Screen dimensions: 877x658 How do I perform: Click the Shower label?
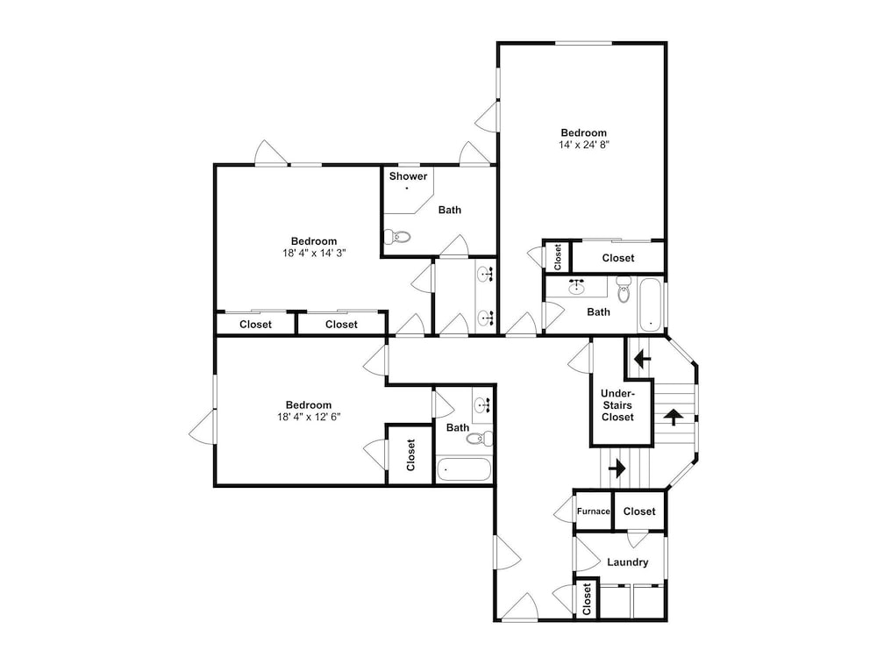click(x=409, y=176)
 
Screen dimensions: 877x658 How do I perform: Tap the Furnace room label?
click(x=594, y=511)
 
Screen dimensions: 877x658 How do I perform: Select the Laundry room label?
click(x=628, y=562)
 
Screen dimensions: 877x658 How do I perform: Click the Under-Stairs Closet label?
click(x=617, y=405)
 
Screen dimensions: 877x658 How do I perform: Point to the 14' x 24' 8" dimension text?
click(x=583, y=145)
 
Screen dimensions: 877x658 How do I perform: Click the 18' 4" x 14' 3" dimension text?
click(x=314, y=253)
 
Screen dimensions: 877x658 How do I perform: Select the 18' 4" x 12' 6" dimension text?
click(x=309, y=416)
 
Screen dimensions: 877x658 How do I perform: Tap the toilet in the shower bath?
click(x=397, y=237)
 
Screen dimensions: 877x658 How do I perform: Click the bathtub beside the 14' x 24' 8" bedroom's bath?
click(x=651, y=305)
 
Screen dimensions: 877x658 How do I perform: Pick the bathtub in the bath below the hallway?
click(x=464, y=469)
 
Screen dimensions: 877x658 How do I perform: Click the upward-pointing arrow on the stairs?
click(x=674, y=417)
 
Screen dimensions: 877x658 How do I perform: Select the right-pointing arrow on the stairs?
click(x=617, y=468)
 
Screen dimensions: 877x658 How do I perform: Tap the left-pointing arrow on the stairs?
click(x=642, y=358)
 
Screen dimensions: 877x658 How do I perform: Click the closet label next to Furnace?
click(x=639, y=511)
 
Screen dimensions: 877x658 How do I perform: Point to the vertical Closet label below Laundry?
click(x=587, y=599)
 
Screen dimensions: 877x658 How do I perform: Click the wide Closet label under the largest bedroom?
click(x=618, y=258)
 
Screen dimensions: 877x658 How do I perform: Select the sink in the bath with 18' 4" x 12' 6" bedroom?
click(x=481, y=404)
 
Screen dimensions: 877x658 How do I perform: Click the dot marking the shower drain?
click(x=407, y=189)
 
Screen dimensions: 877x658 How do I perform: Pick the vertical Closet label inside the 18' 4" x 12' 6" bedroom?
click(x=411, y=454)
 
